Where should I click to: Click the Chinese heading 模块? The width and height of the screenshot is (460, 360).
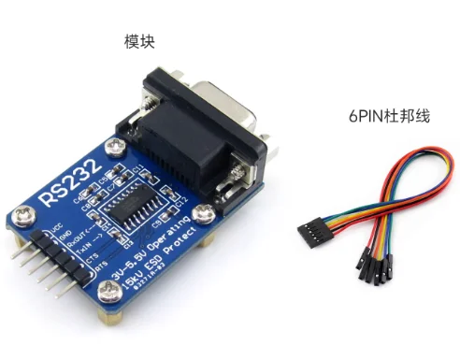coord(139,42)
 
